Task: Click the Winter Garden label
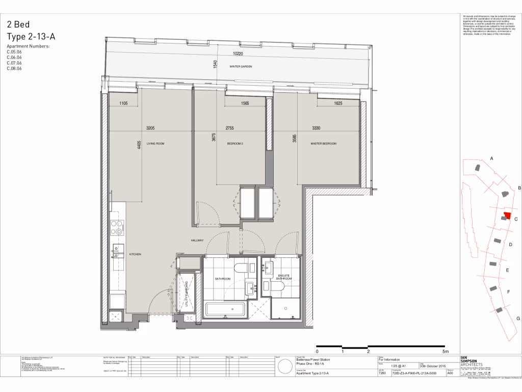pyautogui.click(x=241, y=67)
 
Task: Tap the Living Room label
pyautogui.click(x=155, y=144)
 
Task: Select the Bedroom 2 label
pyautogui.click(x=235, y=144)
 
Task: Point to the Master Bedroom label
pyautogui.click(x=324, y=144)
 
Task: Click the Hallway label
pyautogui.click(x=197, y=241)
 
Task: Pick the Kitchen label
pyautogui.click(x=135, y=254)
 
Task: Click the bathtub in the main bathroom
pyautogui.click(x=225, y=309)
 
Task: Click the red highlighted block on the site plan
pyautogui.click(x=507, y=215)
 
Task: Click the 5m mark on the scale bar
pyautogui.click(x=445, y=352)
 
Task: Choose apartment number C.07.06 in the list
pyautogui.click(x=14, y=63)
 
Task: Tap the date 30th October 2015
pyautogui.click(x=432, y=366)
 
